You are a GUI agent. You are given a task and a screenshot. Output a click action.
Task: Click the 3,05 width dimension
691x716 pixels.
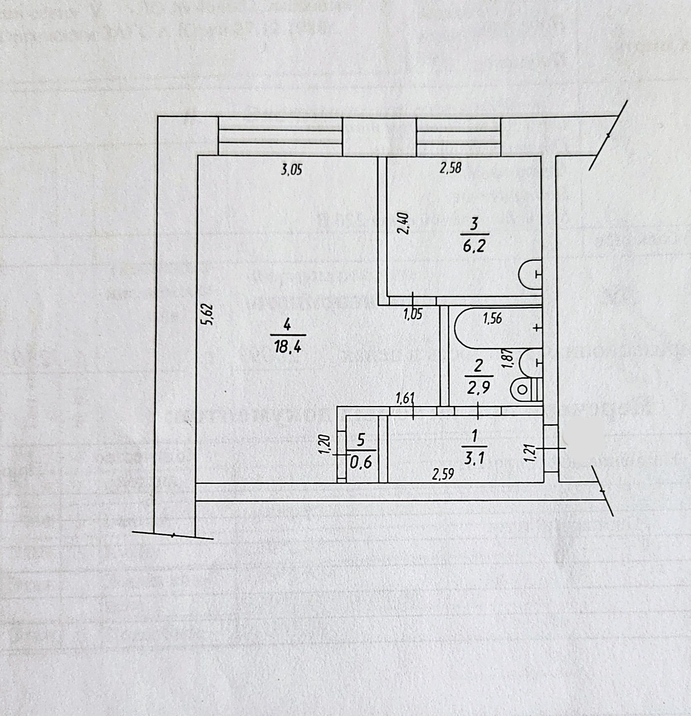point(292,170)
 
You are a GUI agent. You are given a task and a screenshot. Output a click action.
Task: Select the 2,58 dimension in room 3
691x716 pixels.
point(450,168)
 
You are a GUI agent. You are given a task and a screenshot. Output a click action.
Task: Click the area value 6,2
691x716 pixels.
point(474,246)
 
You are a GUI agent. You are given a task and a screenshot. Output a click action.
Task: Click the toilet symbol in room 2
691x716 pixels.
point(525,389)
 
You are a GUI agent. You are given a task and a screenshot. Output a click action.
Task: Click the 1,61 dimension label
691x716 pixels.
point(405,399)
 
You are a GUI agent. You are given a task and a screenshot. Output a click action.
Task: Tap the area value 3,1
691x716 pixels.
point(474,458)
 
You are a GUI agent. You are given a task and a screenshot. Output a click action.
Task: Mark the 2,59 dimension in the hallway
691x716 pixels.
point(443,474)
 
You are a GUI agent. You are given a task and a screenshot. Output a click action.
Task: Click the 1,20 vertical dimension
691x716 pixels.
point(325,444)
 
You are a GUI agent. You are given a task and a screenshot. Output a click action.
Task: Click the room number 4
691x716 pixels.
point(287,325)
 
